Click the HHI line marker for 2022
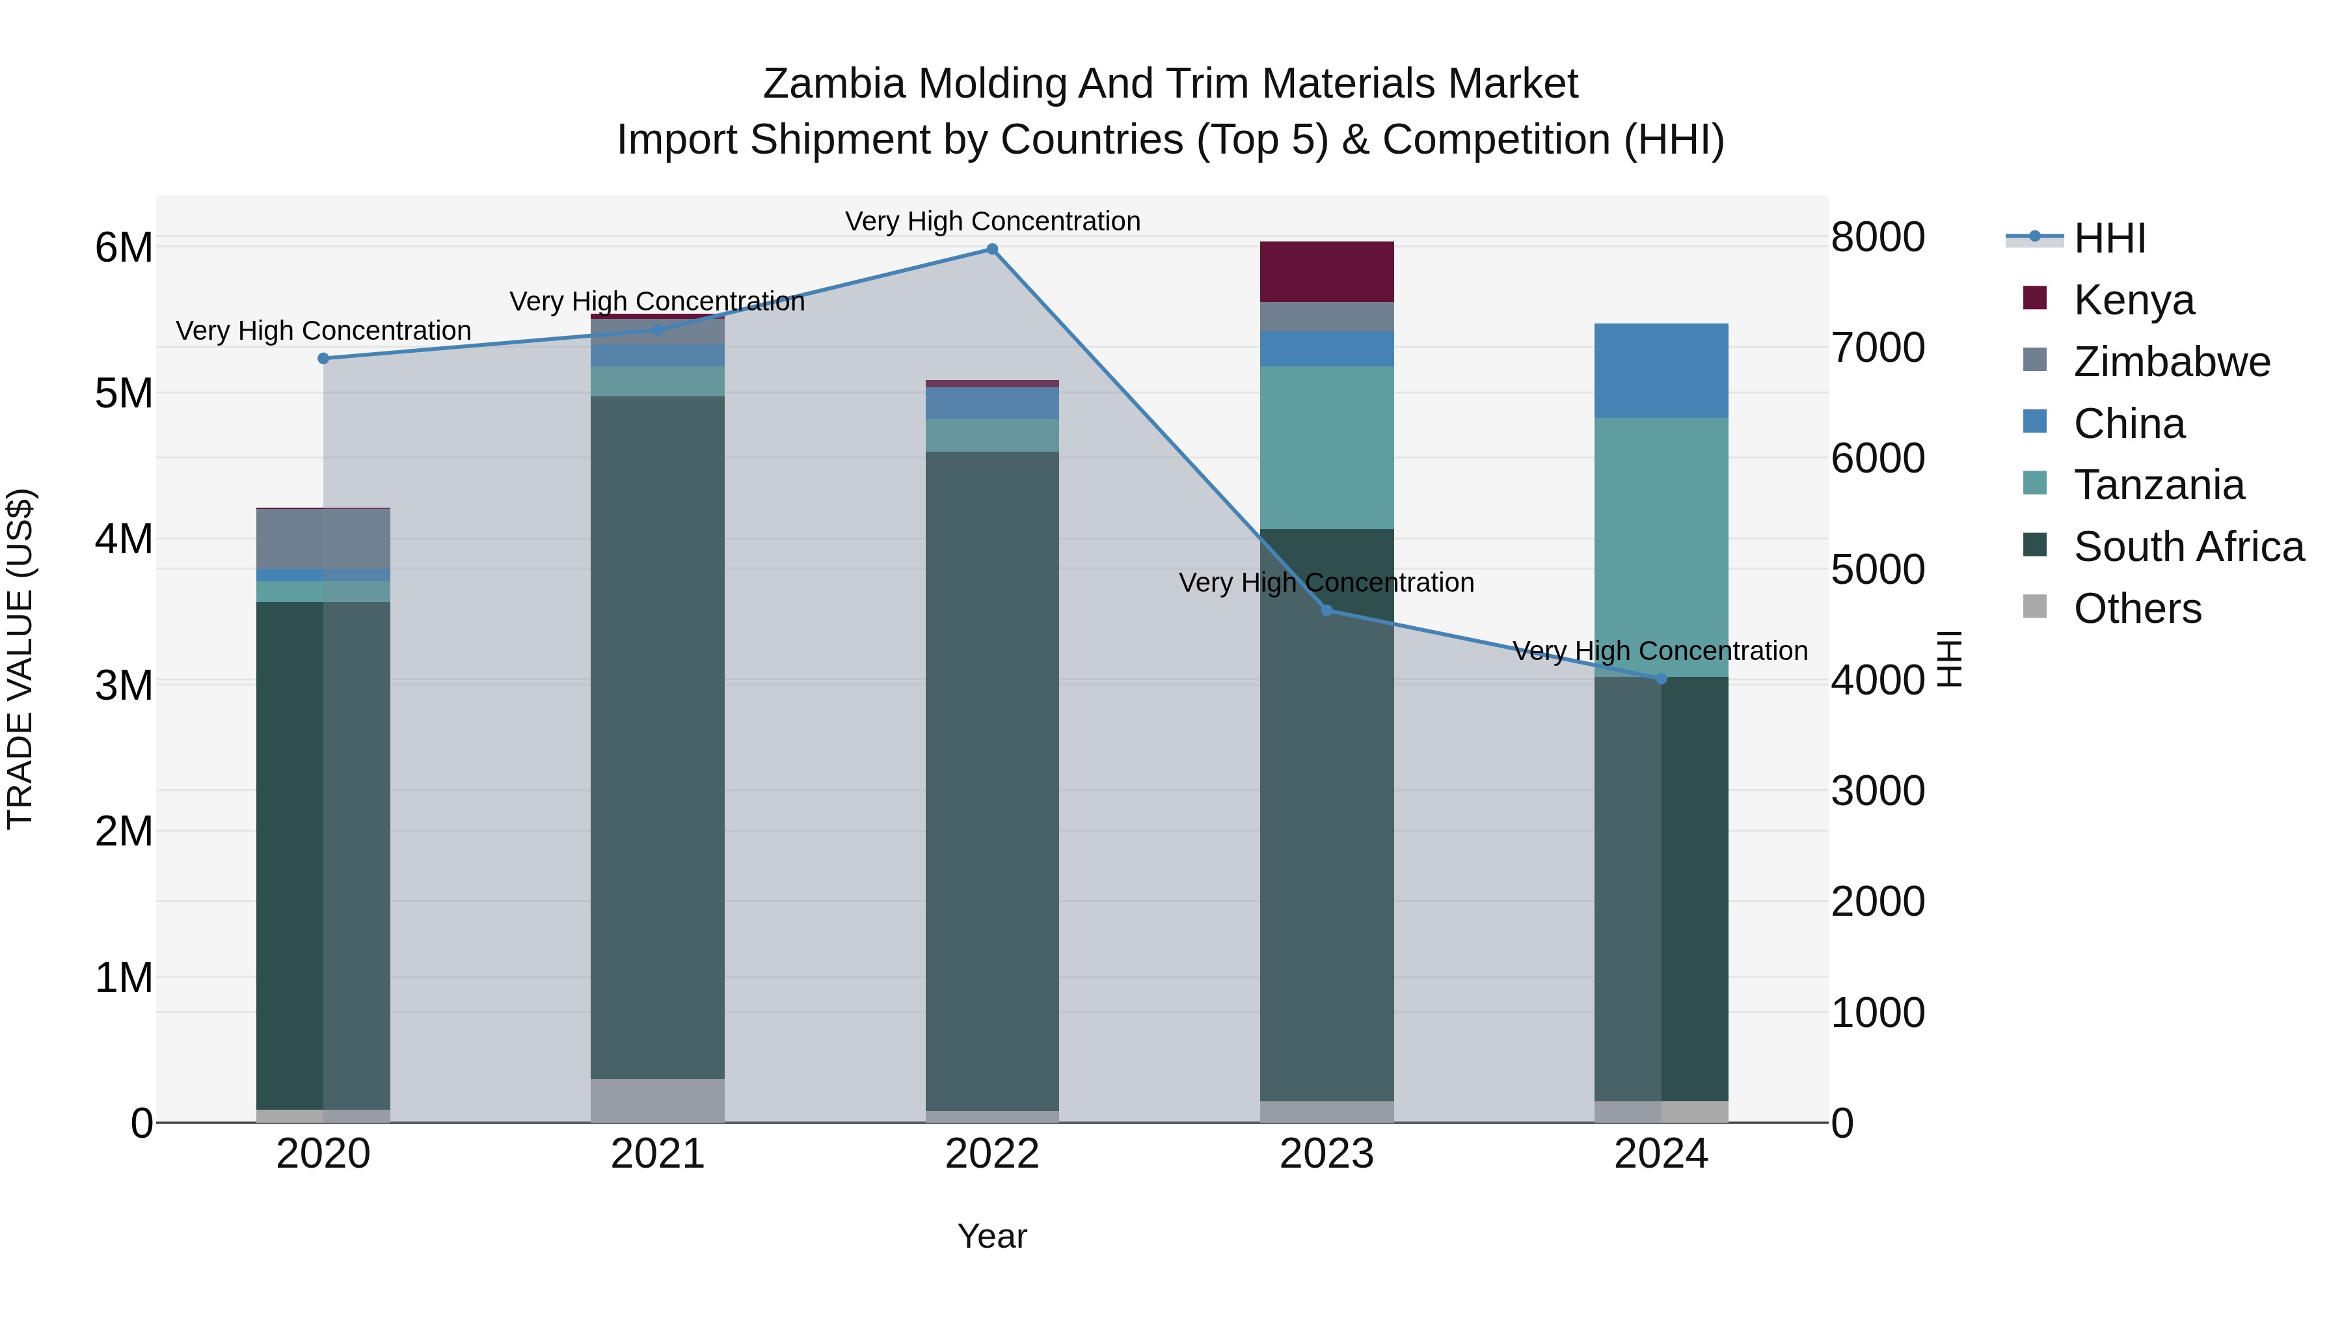(992, 249)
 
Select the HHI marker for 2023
(1326, 611)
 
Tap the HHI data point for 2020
(324, 359)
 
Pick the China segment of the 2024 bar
(1661, 371)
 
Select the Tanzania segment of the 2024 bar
(1661, 546)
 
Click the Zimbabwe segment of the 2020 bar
(324, 538)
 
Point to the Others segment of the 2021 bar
(657, 1101)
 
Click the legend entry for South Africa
(2188, 547)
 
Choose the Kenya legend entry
(2134, 299)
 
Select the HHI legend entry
(2109, 238)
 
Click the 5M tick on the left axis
(124, 394)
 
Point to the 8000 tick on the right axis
(1878, 238)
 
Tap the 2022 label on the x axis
(992, 1154)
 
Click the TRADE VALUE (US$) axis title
(20, 659)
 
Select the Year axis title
(992, 1236)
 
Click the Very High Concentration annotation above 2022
(992, 221)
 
